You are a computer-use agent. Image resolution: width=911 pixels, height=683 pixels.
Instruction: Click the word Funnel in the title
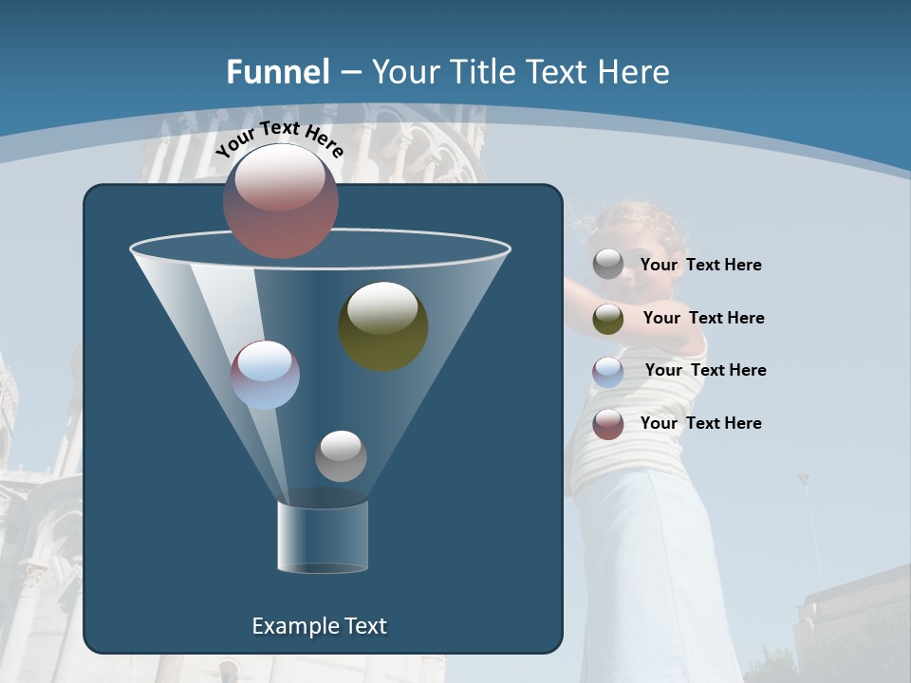point(278,72)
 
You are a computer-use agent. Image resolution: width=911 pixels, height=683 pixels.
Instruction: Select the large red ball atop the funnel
point(280,201)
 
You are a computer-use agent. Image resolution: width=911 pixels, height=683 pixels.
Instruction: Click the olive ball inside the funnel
point(383,325)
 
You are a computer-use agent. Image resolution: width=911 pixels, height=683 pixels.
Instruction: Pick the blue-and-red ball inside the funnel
point(265,375)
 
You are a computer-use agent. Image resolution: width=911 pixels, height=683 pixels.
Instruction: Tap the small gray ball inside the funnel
point(341,455)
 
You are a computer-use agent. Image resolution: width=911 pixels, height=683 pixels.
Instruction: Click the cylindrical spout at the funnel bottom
point(323,537)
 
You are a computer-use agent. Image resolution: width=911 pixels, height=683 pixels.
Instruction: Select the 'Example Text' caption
point(319,626)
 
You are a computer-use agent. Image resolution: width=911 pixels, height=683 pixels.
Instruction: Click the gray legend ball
point(608,265)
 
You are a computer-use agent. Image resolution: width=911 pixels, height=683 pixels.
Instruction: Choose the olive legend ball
point(608,319)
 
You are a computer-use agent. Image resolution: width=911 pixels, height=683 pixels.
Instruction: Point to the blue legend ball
point(608,371)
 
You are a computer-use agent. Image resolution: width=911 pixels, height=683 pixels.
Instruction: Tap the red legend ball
point(608,424)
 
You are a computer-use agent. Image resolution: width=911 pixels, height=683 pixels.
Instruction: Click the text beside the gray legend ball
point(700,266)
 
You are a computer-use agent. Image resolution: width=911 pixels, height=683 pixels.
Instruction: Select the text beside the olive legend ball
point(703,319)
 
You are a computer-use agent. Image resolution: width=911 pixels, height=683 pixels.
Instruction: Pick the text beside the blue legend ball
point(705,371)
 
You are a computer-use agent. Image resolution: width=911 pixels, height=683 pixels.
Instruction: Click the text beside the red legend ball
point(700,424)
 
